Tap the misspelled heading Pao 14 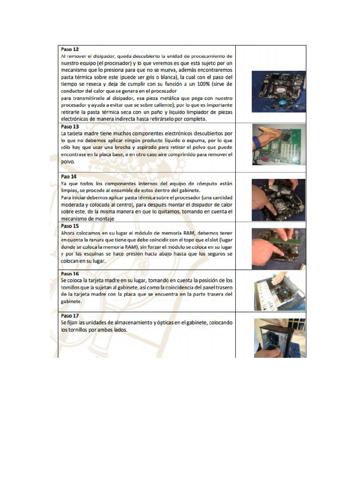[68, 177]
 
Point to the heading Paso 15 [70, 225]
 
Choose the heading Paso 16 [70, 273]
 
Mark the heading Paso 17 [70, 315]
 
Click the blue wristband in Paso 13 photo [255, 143]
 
